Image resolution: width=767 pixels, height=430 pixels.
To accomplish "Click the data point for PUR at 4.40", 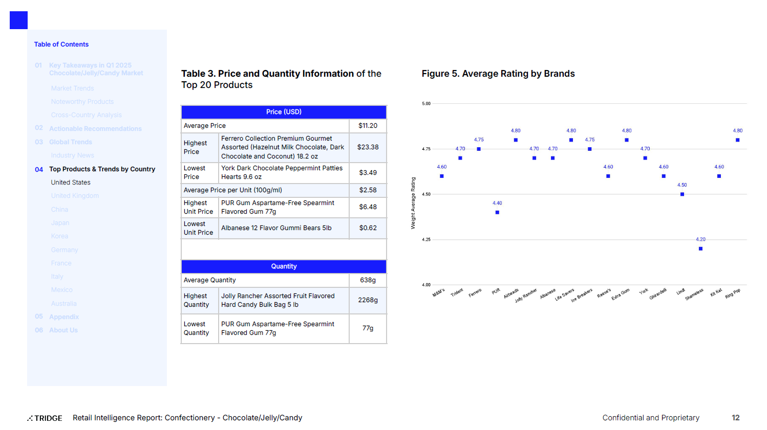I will (497, 212).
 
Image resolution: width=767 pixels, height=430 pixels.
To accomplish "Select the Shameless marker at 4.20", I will (700, 248).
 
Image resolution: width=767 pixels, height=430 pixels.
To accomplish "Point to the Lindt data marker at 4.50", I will (682, 194).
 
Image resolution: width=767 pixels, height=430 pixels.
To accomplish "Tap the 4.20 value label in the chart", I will (700, 239).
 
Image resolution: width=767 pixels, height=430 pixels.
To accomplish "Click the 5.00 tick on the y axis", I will (426, 104).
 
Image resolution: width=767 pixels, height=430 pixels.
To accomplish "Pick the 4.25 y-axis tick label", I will (426, 239).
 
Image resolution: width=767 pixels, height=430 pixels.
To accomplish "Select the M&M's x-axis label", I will (439, 293).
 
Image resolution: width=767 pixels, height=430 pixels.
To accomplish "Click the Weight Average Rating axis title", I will (413, 203).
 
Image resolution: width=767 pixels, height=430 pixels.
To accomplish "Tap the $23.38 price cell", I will (368, 147).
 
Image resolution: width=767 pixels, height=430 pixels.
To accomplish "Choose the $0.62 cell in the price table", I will (368, 228).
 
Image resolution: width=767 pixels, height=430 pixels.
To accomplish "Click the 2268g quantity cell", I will (368, 300).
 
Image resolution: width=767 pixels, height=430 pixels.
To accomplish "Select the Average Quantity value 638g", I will (368, 280).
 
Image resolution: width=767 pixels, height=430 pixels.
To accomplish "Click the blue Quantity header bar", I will (284, 266).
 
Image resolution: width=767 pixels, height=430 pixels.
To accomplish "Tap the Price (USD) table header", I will (284, 112).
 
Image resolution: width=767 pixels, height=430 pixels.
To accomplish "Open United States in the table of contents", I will (71, 183).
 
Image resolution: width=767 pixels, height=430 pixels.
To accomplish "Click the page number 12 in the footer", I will (735, 418).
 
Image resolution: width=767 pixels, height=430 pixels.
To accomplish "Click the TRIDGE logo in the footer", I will (45, 418).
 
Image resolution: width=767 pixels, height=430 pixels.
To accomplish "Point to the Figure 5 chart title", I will (498, 74).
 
